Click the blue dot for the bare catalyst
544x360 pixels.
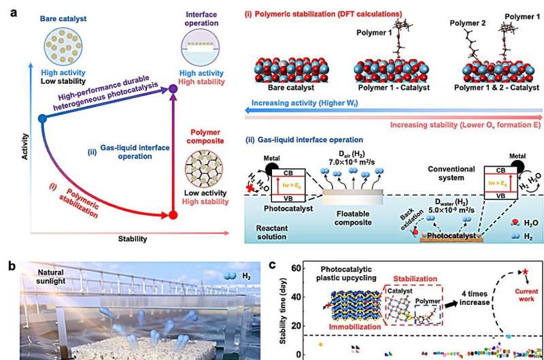tap(42, 118)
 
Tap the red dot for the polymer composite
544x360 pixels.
tap(173, 216)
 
